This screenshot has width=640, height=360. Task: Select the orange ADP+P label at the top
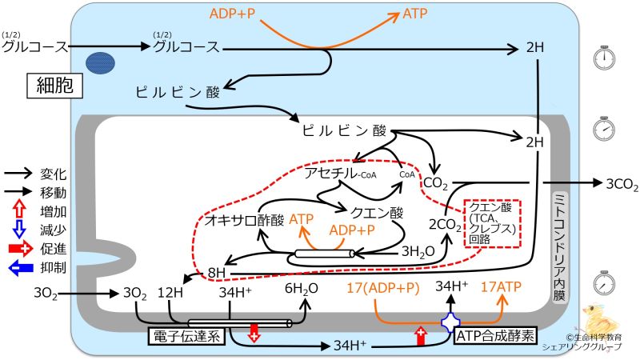coord(238,14)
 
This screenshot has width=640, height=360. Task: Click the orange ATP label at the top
coord(414,14)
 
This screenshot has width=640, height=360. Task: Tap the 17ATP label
coord(500,287)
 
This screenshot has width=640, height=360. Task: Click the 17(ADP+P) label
coord(383,287)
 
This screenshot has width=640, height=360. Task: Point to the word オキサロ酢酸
coord(245,218)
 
